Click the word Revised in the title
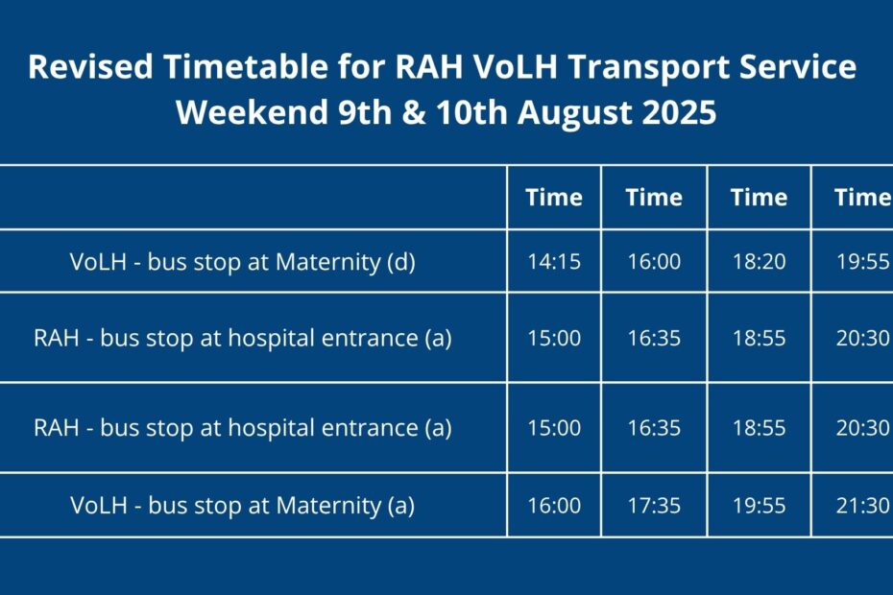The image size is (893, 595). [x=90, y=66]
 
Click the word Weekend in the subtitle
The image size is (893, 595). [x=252, y=111]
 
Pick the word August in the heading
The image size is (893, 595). [x=574, y=113]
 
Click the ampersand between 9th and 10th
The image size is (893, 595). [x=414, y=111]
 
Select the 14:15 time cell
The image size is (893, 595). [x=554, y=261]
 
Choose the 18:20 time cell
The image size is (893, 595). [x=760, y=261]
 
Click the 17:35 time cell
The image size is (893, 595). [x=654, y=505]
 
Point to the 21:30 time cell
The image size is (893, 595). [x=862, y=505]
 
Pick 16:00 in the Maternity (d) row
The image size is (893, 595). [x=654, y=261]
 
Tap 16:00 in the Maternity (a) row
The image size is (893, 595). [x=554, y=505]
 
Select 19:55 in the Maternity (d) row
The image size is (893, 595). [x=862, y=261]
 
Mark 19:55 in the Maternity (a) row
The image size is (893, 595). [x=760, y=505]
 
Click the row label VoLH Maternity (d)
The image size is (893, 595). [x=243, y=262]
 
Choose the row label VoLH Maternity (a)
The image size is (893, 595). [x=243, y=506]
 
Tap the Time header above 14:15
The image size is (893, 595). [x=554, y=197]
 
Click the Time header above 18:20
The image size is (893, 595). [x=760, y=197]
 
